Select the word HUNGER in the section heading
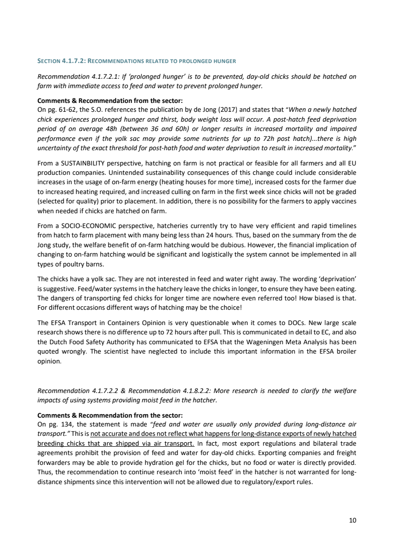[225, 61]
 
